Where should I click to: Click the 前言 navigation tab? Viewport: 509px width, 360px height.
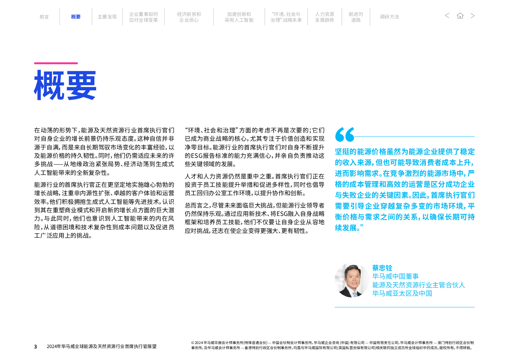(x=44, y=17)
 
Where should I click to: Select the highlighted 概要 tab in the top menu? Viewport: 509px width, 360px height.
(x=76, y=17)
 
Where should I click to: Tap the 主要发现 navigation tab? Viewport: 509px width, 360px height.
(x=107, y=17)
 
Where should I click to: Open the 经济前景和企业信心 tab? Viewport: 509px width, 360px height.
(x=189, y=17)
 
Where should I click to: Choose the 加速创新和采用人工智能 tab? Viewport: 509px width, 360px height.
(x=239, y=17)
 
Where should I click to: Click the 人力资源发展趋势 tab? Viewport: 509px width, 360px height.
(x=324, y=17)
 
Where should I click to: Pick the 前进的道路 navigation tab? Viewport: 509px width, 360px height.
(x=356, y=17)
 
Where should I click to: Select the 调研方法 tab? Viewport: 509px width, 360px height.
(x=390, y=17)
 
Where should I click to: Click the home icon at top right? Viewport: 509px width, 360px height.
(x=460, y=16)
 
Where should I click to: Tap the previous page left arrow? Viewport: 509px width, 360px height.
(x=447, y=16)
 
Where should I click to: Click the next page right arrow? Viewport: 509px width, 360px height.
(x=472, y=16)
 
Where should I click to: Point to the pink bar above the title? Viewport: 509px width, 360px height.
(x=56, y=63)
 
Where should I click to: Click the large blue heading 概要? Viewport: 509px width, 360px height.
(x=65, y=85)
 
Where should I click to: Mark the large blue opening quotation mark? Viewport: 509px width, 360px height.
(x=345, y=134)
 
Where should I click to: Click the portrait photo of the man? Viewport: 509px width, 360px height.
(x=352, y=280)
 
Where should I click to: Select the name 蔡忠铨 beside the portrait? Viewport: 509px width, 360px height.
(x=382, y=268)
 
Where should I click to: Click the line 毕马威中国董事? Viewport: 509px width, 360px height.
(x=395, y=277)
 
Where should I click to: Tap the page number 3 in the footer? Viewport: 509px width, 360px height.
(x=36, y=347)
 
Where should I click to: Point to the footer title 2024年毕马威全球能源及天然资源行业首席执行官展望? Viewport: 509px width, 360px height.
(x=102, y=346)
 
